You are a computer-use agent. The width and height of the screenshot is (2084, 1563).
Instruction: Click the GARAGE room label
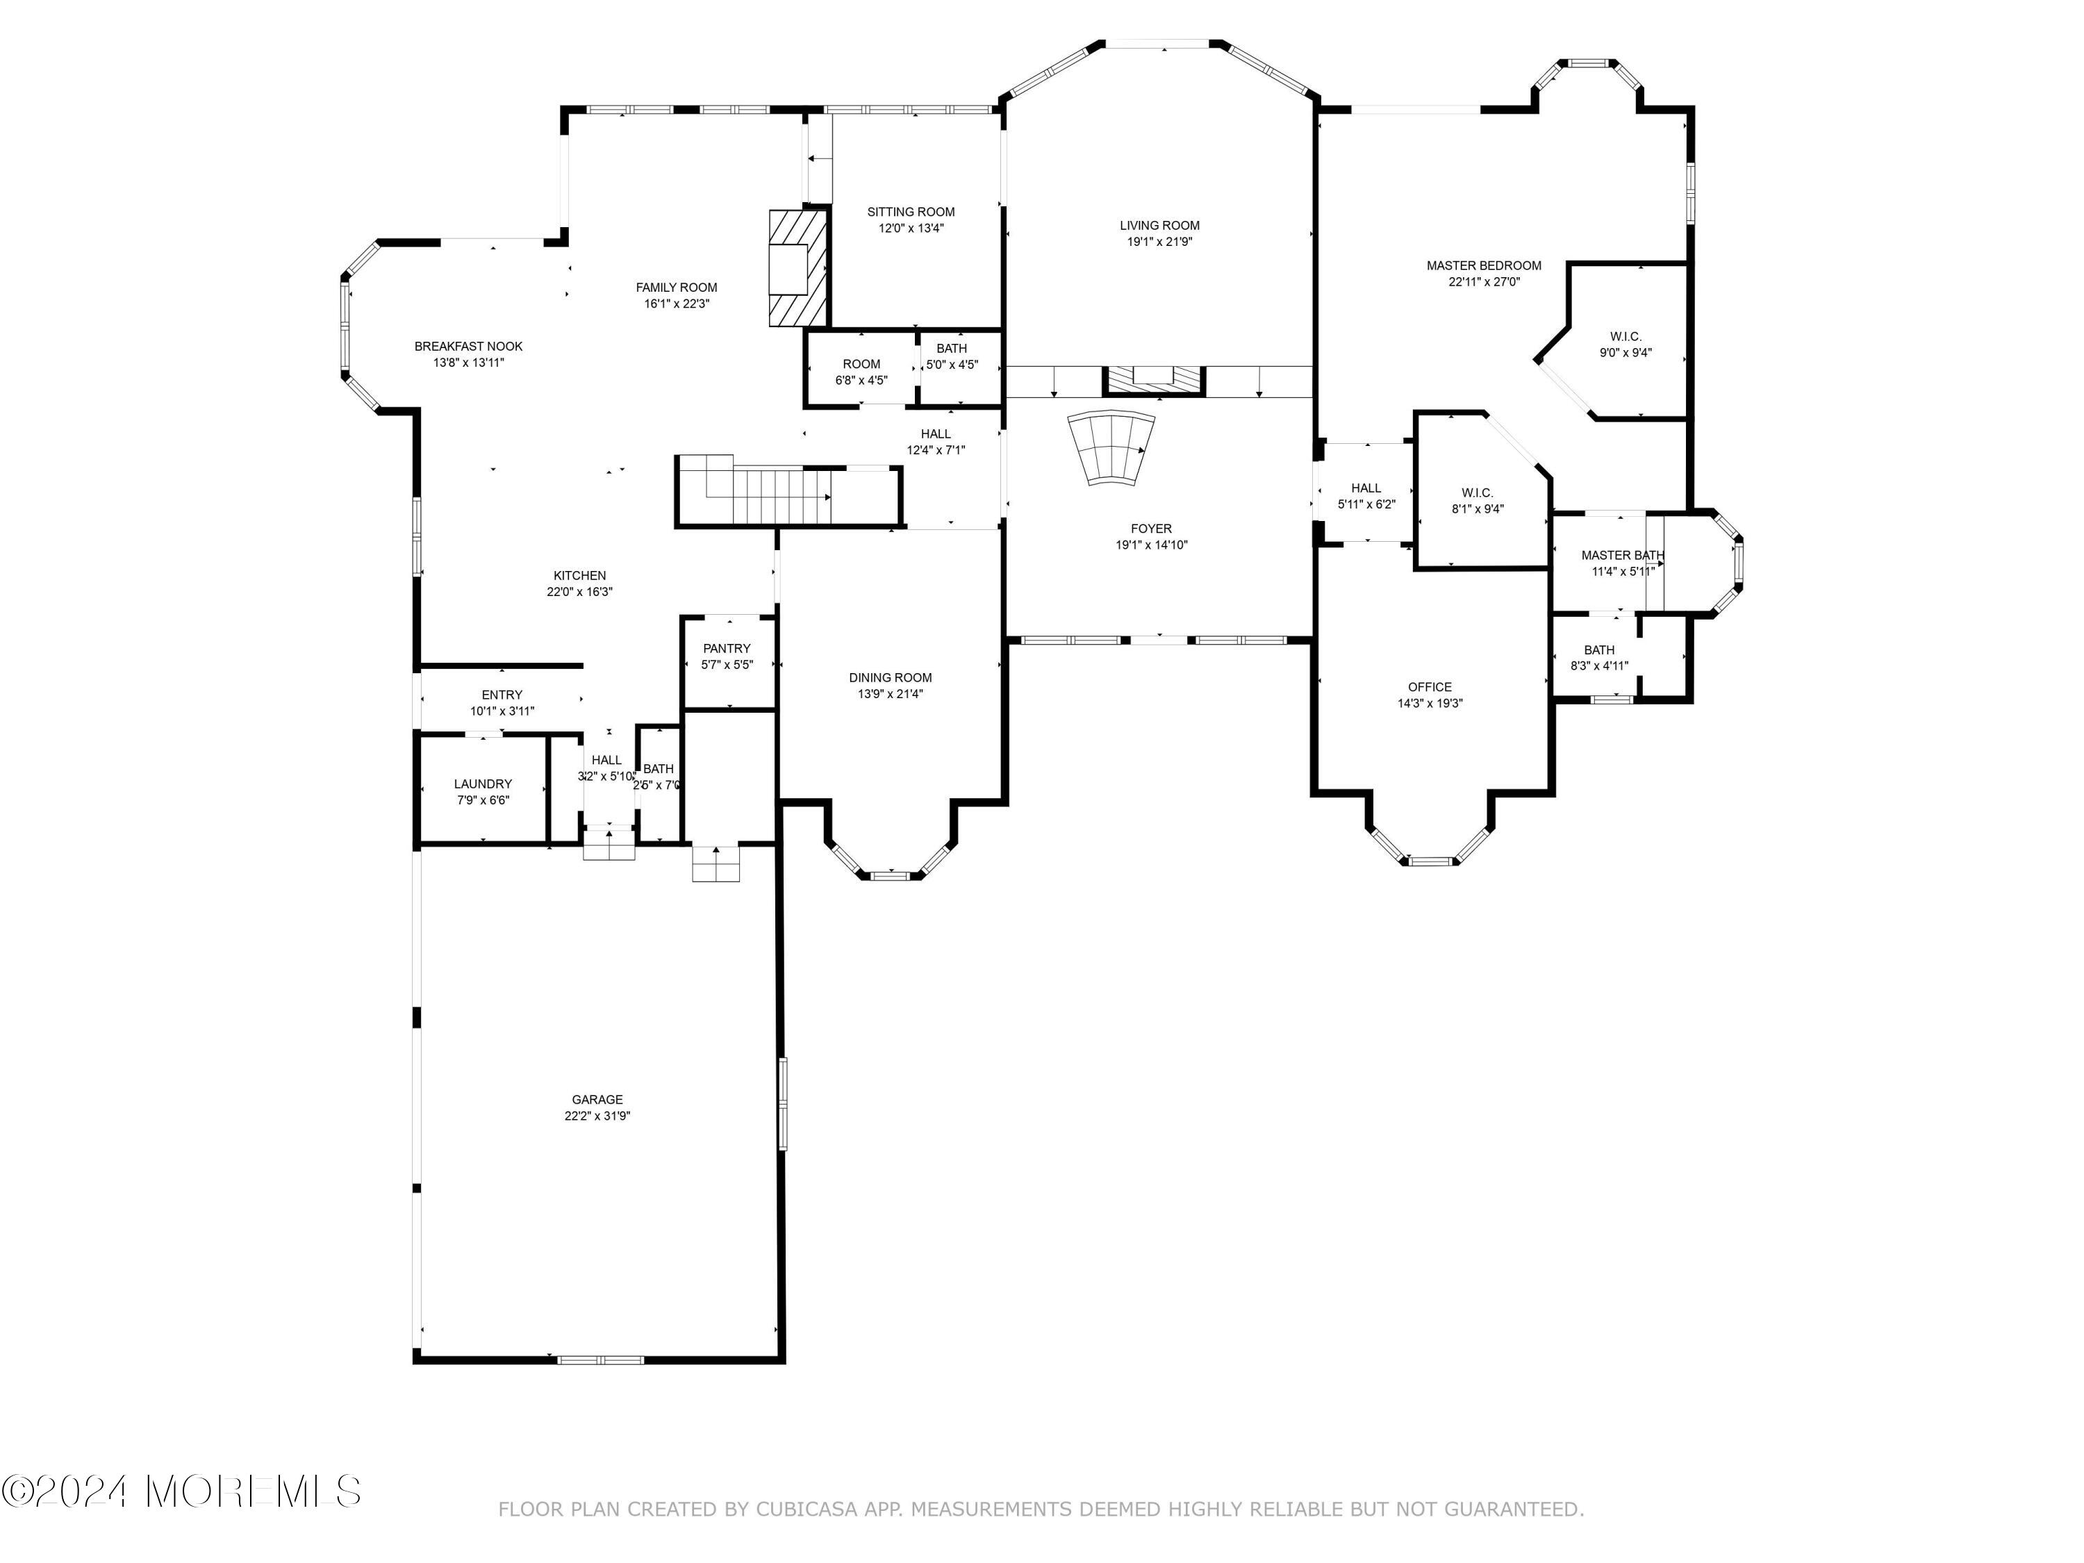(597, 1100)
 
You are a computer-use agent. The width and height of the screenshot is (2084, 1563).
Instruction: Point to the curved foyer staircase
(1111, 449)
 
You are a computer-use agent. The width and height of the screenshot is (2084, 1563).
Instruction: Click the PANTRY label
(727, 648)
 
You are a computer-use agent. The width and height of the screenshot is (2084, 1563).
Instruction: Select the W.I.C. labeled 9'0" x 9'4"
(1626, 345)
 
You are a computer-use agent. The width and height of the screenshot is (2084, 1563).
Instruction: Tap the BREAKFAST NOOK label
(468, 347)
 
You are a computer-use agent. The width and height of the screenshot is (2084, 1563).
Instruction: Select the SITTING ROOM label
(910, 212)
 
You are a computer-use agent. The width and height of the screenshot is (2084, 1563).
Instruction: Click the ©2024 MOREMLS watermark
(181, 1491)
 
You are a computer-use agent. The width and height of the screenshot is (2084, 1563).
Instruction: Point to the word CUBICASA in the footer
(807, 1510)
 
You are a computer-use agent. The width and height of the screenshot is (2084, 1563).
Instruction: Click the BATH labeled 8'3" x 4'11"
(1599, 658)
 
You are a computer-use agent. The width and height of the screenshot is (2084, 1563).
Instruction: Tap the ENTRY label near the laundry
(502, 695)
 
